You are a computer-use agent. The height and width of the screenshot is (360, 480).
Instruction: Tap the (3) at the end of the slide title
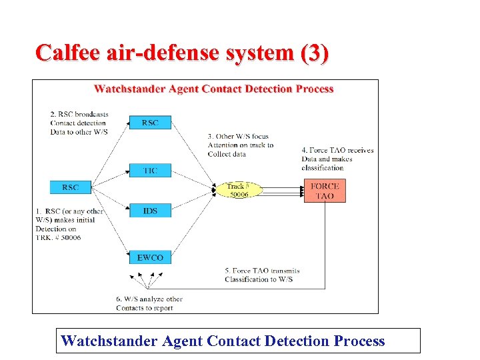(x=314, y=53)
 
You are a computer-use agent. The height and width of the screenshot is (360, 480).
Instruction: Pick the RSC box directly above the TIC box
(x=150, y=123)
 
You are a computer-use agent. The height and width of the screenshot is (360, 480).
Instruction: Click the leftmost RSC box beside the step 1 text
(x=70, y=187)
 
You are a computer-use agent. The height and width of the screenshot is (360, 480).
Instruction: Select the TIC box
(x=150, y=171)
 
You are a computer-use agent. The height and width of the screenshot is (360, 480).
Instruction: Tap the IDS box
(x=150, y=211)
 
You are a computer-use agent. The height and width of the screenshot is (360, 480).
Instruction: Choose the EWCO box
(x=150, y=257)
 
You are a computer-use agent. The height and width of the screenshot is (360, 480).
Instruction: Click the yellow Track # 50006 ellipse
(x=237, y=190)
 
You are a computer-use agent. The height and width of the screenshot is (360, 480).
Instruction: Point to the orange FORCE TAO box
(x=325, y=191)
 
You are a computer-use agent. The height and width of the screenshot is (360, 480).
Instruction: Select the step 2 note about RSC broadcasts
(x=79, y=123)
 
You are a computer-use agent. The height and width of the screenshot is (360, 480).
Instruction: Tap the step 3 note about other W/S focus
(x=240, y=145)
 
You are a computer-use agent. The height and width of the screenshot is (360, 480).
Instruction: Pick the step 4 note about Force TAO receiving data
(x=337, y=159)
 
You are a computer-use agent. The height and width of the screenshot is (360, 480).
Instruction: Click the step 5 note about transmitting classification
(x=262, y=275)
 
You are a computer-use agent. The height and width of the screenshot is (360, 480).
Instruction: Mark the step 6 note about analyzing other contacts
(x=149, y=303)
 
